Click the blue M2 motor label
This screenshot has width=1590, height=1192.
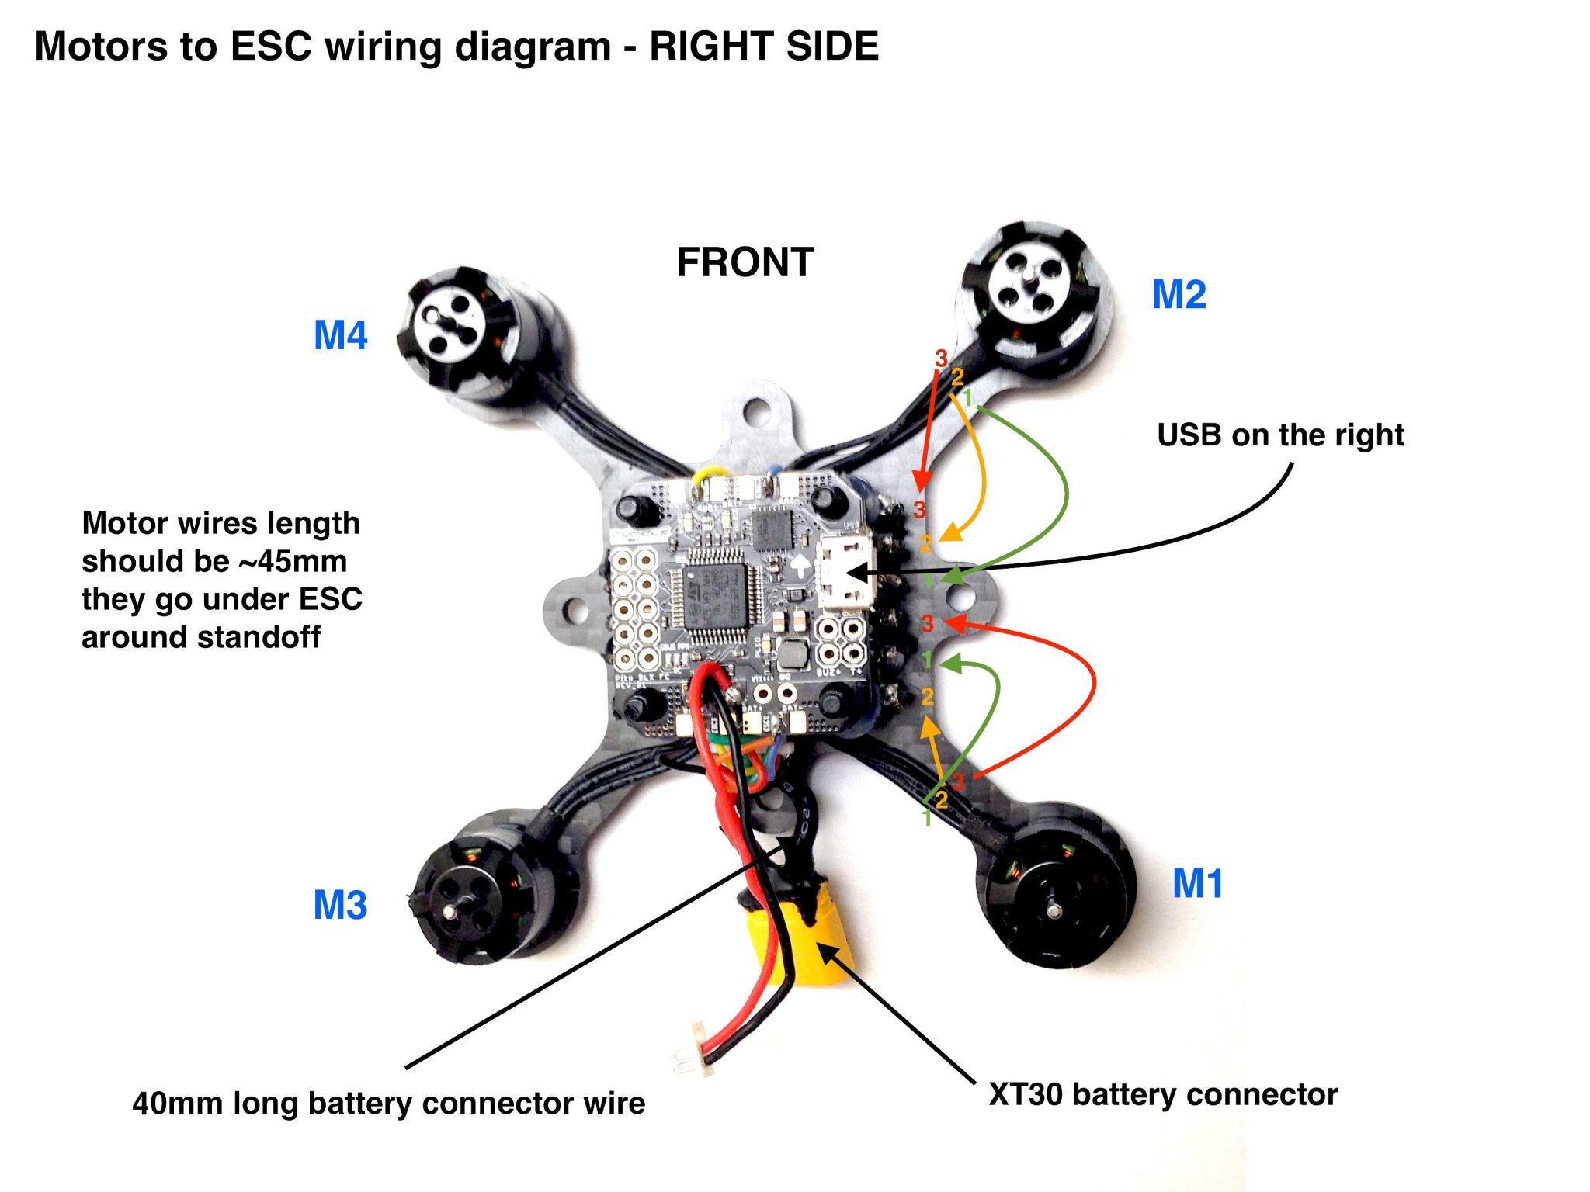tap(1179, 295)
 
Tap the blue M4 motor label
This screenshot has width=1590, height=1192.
tap(340, 336)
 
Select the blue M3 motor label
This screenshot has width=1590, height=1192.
tap(339, 905)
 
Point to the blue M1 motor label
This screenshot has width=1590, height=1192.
tap(1197, 884)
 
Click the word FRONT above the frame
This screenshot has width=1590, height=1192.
tap(745, 262)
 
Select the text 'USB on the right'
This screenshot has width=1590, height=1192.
tap(1279, 435)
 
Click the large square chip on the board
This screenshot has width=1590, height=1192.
tap(713, 595)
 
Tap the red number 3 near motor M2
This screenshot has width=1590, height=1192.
tap(941, 358)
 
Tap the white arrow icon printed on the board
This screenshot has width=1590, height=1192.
tap(799, 565)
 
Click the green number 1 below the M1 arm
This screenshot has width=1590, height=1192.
tap(926, 817)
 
